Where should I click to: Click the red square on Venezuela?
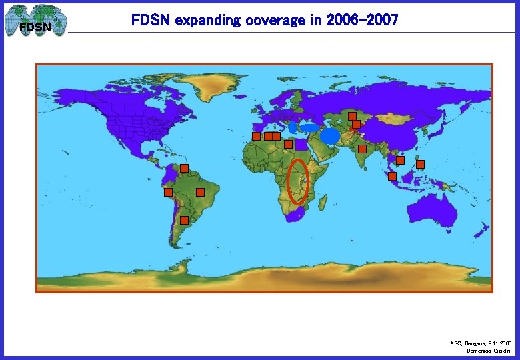[184, 168]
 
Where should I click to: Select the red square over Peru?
[169, 192]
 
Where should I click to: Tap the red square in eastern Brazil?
[200, 192]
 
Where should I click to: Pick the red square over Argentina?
[184, 219]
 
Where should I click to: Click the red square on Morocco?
[256, 136]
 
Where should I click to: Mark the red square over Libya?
[289, 144]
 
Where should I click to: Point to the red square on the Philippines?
[420, 164]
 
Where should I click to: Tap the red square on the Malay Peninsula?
[392, 176]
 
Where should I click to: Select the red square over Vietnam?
[400, 160]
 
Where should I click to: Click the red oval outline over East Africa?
[297, 181]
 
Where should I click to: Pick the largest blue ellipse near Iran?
[330, 136]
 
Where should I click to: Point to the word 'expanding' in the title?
[207, 21]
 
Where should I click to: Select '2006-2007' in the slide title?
[363, 21]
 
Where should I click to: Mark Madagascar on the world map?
[319, 199]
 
